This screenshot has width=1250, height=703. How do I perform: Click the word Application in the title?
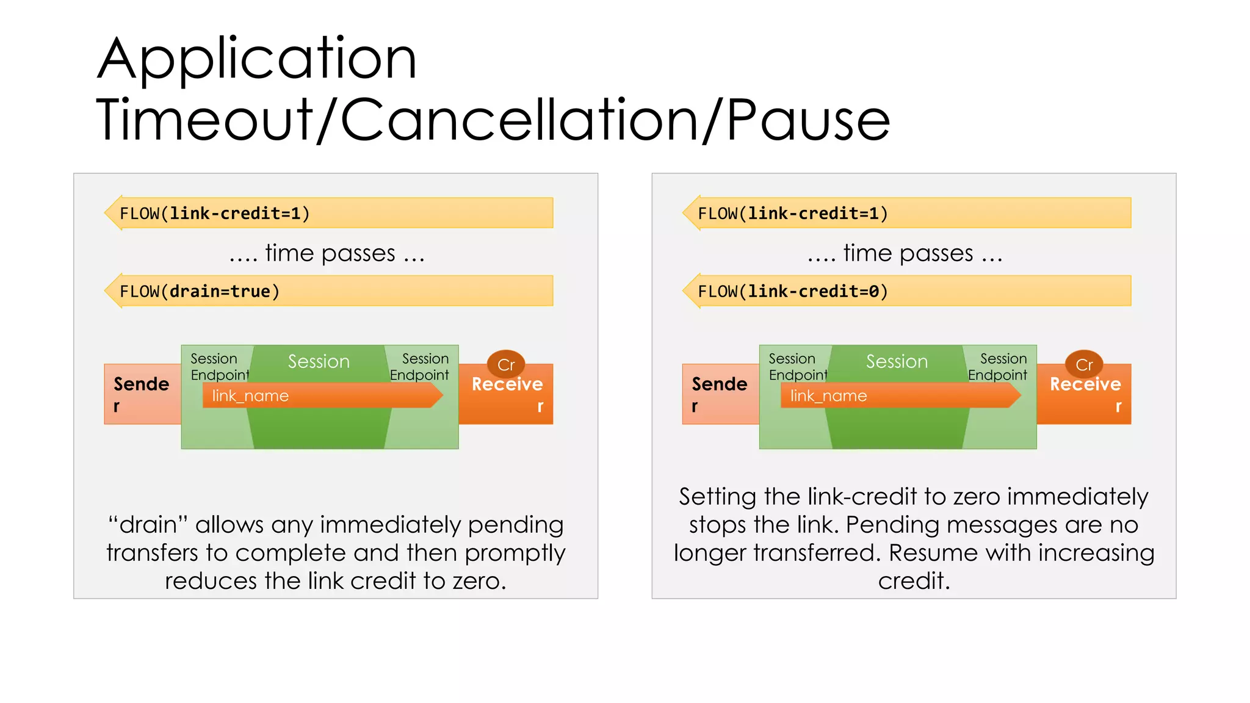256,60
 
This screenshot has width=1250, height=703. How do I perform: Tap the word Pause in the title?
808,121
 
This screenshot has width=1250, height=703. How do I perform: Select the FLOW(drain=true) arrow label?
200,292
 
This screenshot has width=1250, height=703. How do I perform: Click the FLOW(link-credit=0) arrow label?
793,292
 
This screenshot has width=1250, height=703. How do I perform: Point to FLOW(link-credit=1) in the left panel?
215,214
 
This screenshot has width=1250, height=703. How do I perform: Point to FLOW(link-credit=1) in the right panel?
793,214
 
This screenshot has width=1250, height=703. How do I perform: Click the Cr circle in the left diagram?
506,364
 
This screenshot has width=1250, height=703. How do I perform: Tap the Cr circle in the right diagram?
1084,364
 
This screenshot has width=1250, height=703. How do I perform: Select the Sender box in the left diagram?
142,394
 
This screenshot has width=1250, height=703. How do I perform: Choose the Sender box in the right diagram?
720,394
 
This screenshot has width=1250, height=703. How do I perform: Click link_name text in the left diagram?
250,396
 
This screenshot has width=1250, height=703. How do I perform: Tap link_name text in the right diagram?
828,396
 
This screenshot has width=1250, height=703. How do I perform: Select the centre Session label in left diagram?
319,361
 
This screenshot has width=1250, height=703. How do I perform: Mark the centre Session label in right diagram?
897,361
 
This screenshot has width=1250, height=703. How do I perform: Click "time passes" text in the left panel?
330,253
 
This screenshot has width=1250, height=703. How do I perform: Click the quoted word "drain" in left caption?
148,525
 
